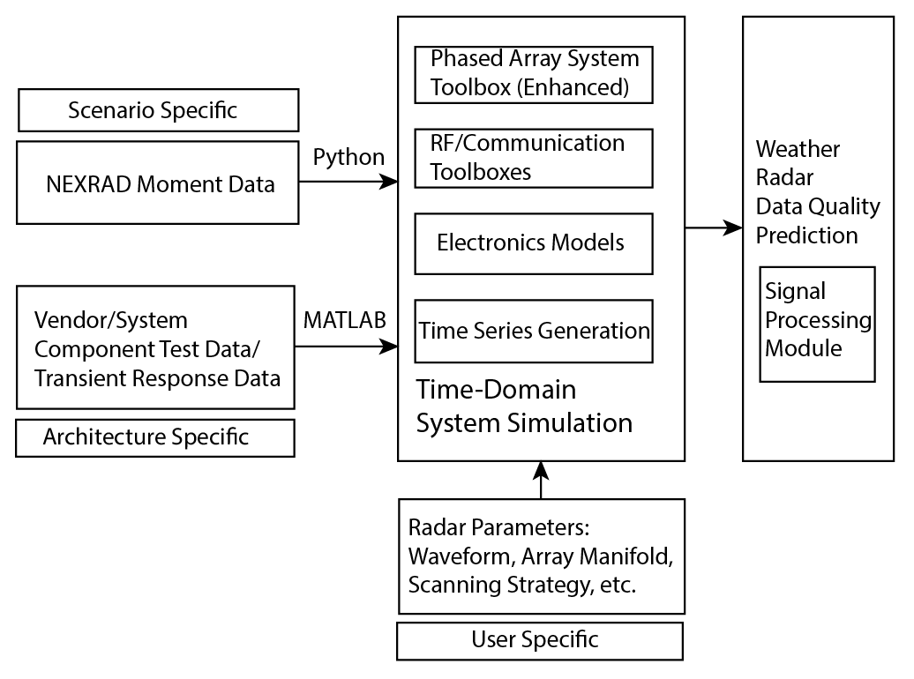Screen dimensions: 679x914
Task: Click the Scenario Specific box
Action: (x=157, y=110)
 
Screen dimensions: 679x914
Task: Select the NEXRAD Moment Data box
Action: (x=157, y=183)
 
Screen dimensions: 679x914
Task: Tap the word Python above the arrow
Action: (x=348, y=157)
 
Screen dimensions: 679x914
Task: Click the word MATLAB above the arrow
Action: (x=344, y=320)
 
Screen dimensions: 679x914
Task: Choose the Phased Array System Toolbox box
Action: (x=534, y=73)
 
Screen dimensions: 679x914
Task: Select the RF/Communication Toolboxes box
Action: (x=534, y=158)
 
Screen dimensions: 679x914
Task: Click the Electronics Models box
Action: (x=534, y=242)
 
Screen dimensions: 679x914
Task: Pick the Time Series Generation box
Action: (x=534, y=331)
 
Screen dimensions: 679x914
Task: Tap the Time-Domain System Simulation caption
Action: (x=524, y=406)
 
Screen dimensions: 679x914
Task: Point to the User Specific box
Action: (x=539, y=640)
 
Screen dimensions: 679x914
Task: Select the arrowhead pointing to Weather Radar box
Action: (x=733, y=228)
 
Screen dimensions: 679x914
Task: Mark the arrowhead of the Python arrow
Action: (x=389, y=182)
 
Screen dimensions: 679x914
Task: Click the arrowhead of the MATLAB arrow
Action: (x=389, y=347)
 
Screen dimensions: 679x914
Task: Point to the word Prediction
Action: (x=806, y=235)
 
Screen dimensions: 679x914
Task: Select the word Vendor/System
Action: (x=110, y=318)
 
